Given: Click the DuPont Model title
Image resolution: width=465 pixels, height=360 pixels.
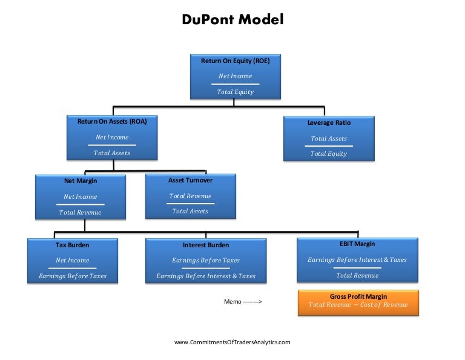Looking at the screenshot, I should [232, 19].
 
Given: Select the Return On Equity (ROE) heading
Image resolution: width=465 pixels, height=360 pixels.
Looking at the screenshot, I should [235, 61].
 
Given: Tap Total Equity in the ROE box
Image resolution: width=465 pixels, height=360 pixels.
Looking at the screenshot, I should [235, 92].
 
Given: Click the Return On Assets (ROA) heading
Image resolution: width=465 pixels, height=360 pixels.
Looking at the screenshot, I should [112, 121].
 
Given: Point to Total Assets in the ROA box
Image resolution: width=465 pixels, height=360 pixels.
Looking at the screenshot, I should [112, 153].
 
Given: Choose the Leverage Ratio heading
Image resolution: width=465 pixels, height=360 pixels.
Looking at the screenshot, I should [329, 122].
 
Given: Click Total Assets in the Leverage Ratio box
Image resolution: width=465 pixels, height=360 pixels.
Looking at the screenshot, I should [329, 138].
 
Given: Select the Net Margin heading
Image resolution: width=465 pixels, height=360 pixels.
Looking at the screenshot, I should [81, 181].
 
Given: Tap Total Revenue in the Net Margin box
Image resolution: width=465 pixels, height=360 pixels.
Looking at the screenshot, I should [81, 212].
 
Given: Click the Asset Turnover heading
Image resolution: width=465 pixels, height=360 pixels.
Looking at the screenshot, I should [190, 180].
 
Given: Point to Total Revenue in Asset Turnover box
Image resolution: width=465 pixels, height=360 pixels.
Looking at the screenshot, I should [190, 196].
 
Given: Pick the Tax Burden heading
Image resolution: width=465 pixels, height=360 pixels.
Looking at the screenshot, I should [72, 245].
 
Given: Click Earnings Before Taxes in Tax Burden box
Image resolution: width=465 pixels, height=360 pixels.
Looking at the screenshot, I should [73, 276].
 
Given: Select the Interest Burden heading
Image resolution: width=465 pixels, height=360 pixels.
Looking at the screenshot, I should [206, 245].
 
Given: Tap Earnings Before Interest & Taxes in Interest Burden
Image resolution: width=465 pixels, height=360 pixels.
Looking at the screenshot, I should [206, 276].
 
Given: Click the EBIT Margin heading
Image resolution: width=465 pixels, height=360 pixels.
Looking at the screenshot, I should [357, 244].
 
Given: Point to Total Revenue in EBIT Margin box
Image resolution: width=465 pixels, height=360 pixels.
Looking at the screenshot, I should [357, 275].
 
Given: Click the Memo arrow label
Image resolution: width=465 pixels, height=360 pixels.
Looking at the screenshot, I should [243, 301].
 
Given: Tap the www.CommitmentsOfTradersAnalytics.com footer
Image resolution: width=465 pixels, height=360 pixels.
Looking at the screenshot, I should [232, 342].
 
